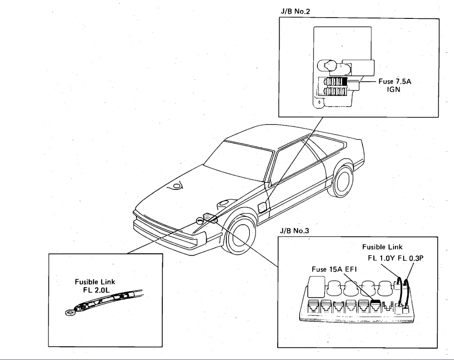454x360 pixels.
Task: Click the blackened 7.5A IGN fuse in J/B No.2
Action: pyautogui.click(x=345, y=82)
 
